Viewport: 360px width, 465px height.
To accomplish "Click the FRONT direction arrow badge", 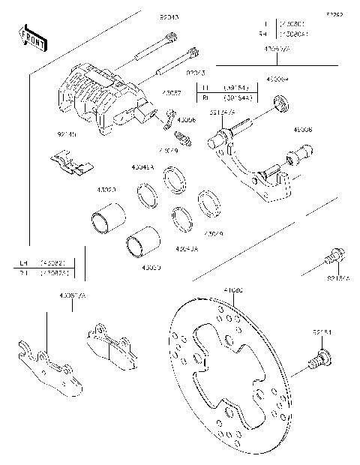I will tap(31, 38).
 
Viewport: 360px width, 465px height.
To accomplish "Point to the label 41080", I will tap(233, 288).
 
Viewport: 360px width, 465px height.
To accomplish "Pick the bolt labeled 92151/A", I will tap(335, 258).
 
